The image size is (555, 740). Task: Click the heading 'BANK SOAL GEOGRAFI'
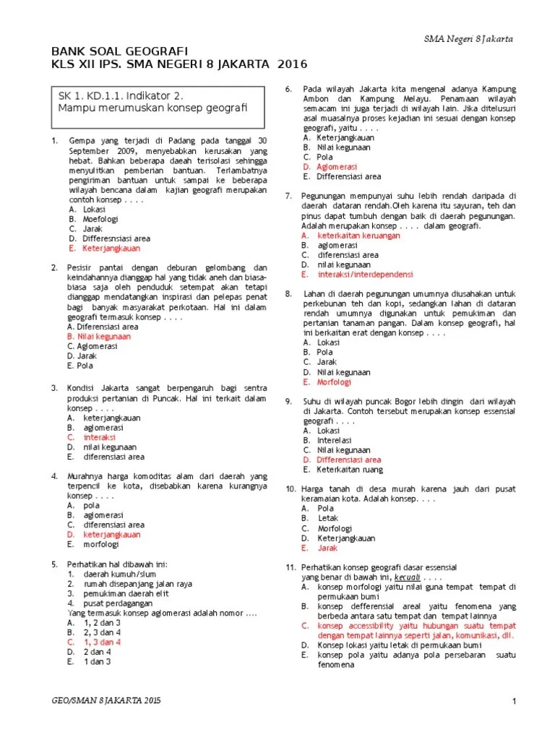pos(119,51)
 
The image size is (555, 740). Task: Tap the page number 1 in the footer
pos(513,701)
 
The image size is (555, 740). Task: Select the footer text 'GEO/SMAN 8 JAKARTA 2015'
pos(108,701)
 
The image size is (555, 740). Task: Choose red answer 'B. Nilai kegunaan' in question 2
pos(99,336)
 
